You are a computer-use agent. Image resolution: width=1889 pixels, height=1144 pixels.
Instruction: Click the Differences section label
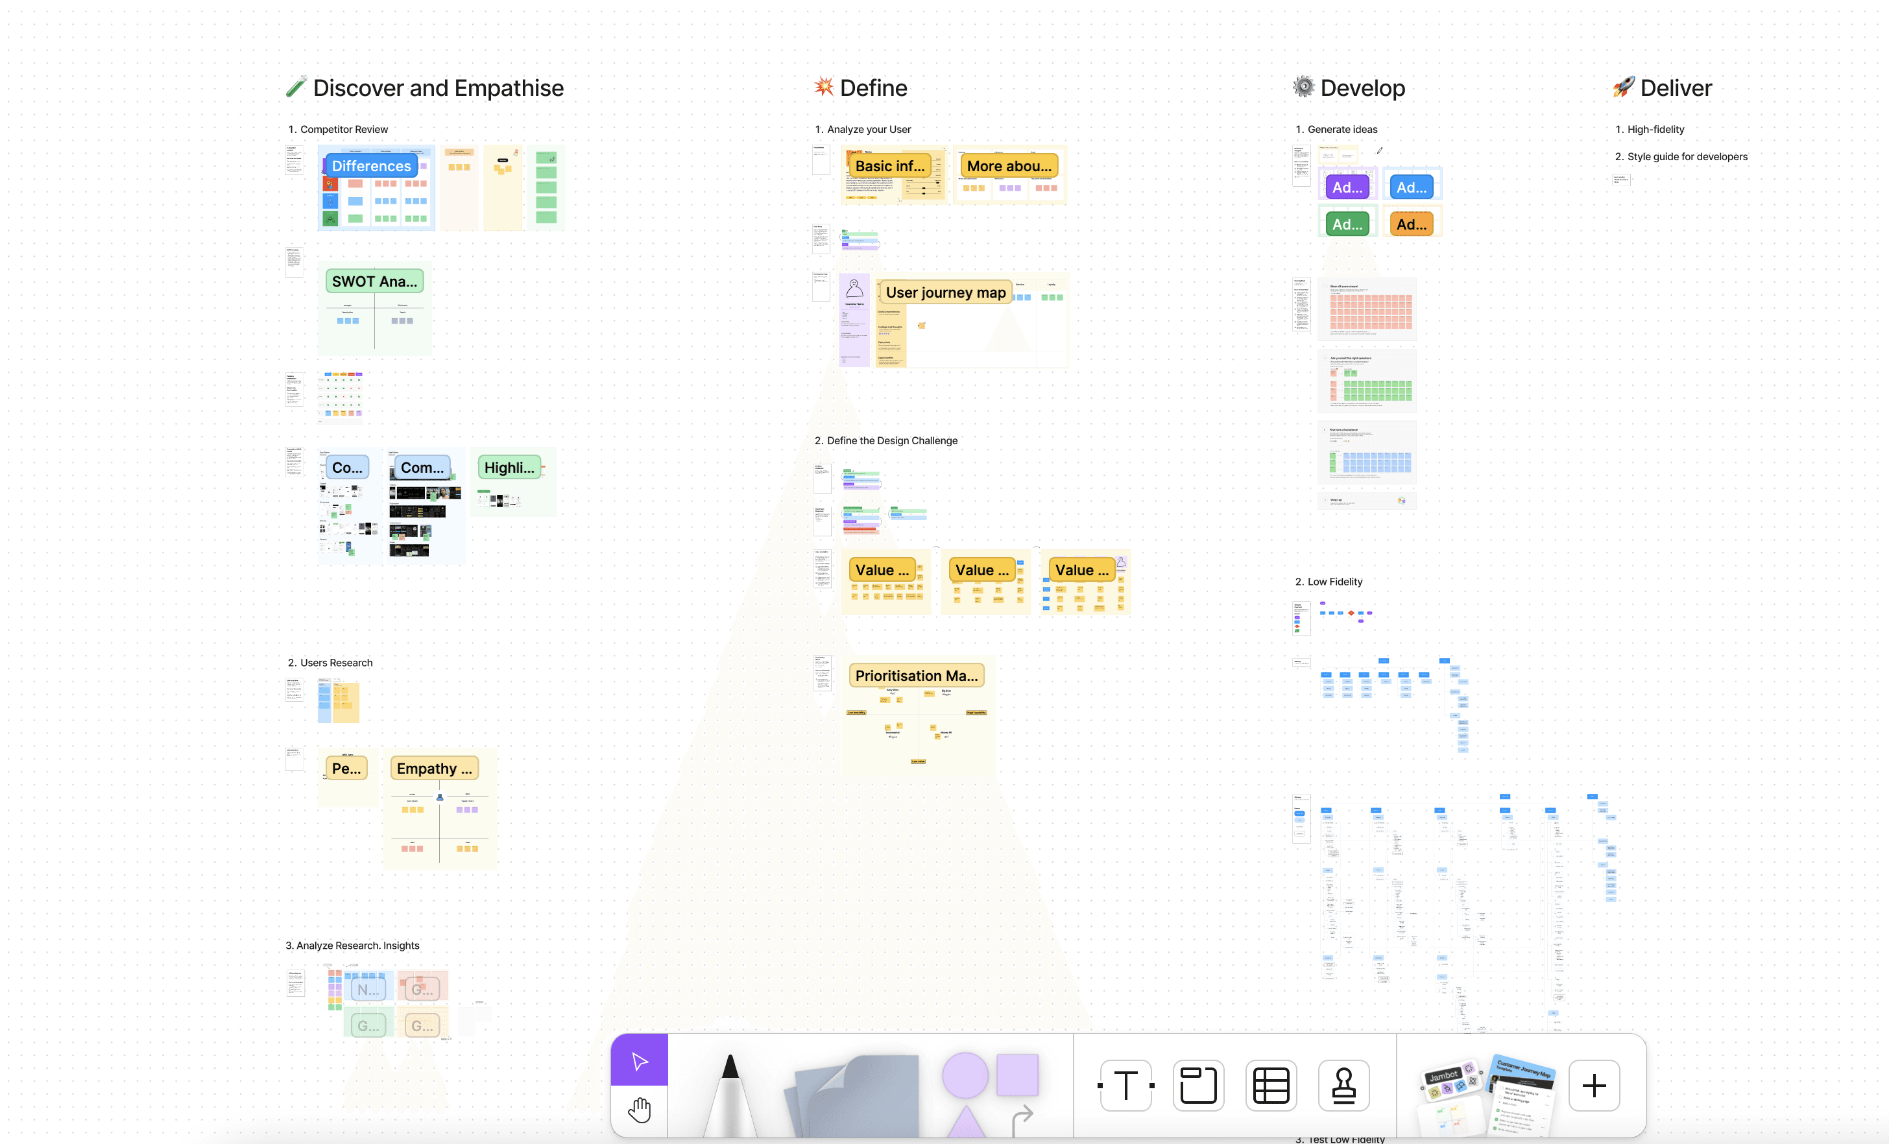(371, 166)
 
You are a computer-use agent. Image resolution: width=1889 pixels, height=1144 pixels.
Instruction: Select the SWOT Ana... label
(374, 281)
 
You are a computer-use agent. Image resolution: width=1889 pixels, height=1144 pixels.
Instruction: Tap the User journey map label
(945, 292)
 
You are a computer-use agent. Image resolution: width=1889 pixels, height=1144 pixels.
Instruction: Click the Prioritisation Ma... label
(916, 676)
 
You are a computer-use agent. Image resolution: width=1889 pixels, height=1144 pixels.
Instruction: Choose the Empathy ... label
(434, 769)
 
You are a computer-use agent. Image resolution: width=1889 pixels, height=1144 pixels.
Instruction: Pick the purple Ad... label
(1346, 187)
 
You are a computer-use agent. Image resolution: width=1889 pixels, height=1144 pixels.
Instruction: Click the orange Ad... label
(1411, 224)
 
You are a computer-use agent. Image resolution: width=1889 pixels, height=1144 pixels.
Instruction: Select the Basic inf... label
(889, 166)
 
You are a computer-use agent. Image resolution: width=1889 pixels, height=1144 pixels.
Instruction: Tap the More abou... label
(1009, 166)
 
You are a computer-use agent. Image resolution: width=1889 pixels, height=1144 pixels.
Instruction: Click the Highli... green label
(509, 468)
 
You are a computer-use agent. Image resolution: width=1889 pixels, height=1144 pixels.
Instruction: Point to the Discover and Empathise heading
(438, 88)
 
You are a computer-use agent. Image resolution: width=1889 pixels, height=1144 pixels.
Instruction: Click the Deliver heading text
(1675, 88)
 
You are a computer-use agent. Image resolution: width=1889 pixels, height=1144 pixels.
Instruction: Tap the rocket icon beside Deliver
(1623, 88)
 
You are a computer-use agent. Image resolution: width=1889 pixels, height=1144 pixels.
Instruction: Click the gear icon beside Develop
(1303, 87)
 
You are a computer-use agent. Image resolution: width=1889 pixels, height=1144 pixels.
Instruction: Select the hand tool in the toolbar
(640, 1110)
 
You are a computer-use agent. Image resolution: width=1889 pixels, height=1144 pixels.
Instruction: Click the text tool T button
(1125, 1085)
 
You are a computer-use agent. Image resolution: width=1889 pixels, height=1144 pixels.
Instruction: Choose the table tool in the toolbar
(1270, 1085)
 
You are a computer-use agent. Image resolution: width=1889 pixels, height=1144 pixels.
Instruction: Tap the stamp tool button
(1343, 1085)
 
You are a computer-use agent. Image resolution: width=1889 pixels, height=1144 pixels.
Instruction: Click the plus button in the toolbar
(1594, 1085)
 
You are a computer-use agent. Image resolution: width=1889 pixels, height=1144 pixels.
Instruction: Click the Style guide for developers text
(1687, 156)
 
